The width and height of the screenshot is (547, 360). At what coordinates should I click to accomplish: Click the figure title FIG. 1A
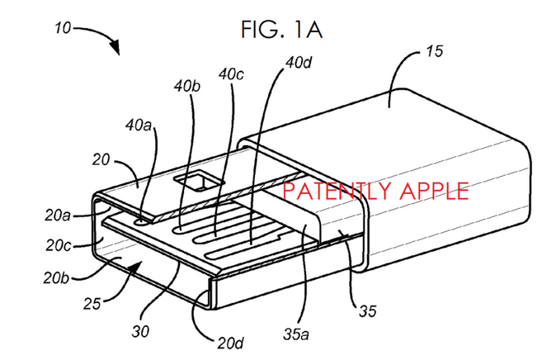point(281,30)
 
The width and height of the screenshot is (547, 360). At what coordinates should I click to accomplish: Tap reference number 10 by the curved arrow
point(63,28)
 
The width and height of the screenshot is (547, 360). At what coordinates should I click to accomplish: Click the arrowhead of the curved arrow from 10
point(115,47)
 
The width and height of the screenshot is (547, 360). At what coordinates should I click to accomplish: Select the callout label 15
point(434,51)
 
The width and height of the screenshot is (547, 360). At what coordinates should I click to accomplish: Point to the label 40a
point(139,125)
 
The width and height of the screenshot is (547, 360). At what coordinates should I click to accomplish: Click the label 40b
point(187,86)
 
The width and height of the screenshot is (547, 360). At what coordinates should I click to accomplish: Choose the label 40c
point(231,74)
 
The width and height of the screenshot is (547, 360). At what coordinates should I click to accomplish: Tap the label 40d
point(299,63)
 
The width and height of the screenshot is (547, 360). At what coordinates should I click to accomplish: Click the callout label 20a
point(58,216)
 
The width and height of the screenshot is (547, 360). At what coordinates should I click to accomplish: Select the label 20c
point(59,245)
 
